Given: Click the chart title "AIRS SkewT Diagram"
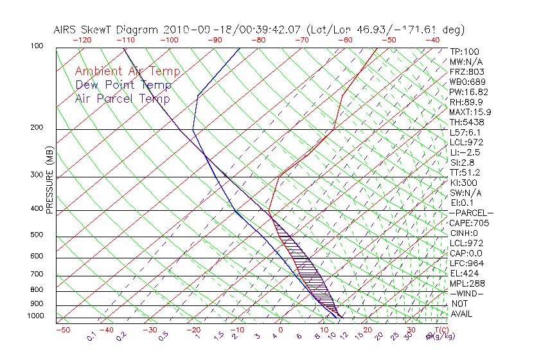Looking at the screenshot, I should coord(107,30).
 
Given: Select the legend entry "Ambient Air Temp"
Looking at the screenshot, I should coord(127,72).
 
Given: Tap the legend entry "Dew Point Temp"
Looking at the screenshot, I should coord(123,85).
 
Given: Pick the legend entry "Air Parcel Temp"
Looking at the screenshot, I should coord(122,99).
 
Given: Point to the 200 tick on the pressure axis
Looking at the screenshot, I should coord(37,128).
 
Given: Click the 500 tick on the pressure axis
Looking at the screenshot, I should coord(37,235).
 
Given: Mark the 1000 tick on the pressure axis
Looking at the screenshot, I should coord(35,316).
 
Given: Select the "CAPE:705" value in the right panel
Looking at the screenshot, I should coord(469,223).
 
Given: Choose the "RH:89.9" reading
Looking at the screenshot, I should coord(466,102).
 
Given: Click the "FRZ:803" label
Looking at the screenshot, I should coord(466,72).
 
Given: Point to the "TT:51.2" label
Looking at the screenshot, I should coord(466,172).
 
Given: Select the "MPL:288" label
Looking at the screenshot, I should coord(467,283).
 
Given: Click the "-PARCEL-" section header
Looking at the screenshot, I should coord(472,213).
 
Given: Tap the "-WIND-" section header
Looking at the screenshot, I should coord(467,293).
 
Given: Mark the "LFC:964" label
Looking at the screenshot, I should coord(466,264).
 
